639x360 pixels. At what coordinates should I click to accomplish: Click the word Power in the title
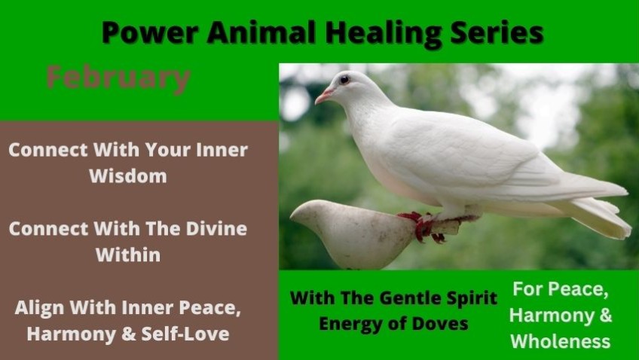pyautogui.click(x=150, y=32)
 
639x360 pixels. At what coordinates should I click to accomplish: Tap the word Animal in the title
pyautogui.click(x=261, y=32)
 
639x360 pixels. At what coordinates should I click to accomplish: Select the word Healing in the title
pyautogui.click(x=383, y=34)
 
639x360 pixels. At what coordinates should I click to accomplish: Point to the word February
pyautogui.click(x=118, y=79)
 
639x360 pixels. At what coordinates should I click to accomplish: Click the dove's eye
pyautogui.click(x=344, y=79)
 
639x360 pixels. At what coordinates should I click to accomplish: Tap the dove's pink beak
pyautogui.click(x=324, y=96)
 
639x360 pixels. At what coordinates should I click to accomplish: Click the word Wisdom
pyautogui.click(x=128, y=176)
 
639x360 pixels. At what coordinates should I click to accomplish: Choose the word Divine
pyautogui.click(x=216, y=228)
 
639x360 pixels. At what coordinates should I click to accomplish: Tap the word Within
pyautogui.click(x=128, y=255)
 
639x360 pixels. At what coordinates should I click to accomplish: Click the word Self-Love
pyautogui.click(x=185, y=334)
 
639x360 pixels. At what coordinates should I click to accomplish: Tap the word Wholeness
pyautogui.click(x=561, y=341)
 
